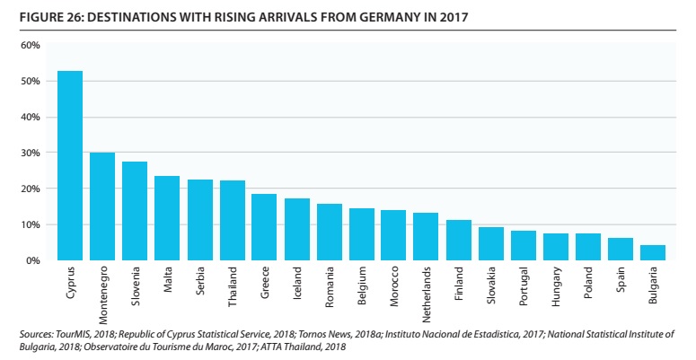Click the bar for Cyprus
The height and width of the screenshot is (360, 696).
pyautogui.click(x=70, y=166)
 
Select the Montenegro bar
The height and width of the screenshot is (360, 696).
pyautogui.click(x=102, y=206)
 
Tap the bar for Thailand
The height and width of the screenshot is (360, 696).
pyautogui.click(x=232, y=221)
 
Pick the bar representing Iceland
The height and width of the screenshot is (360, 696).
pyautogui.click(x=296, y=230)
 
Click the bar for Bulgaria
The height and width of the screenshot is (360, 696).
pyautogui.click(x=652, y=252)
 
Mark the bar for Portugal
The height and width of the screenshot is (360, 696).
pyautogui.click(x=523, y=245)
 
